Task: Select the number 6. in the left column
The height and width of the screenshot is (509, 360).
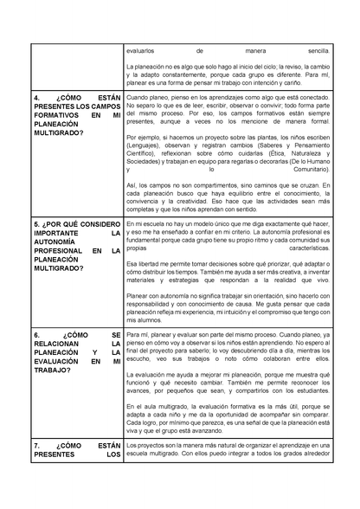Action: [x=35, y=333]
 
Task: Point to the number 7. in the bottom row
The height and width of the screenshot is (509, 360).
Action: [x=35, y=446]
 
